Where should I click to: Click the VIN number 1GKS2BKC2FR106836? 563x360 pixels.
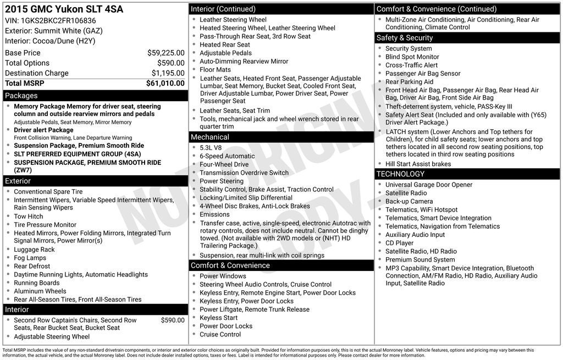coord(58,21)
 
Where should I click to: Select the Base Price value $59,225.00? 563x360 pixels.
coord(165,53)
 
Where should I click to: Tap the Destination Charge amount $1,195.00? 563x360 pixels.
coord(168,73)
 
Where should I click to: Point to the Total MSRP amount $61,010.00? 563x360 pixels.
coord(165,84)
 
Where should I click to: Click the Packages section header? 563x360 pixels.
coord(21,96)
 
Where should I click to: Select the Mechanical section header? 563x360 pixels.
coord(210,137)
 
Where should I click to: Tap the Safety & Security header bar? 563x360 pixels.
coord(405,38)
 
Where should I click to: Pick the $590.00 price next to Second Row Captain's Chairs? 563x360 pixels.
coord(173,320)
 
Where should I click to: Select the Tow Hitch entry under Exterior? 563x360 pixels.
coord(29,217)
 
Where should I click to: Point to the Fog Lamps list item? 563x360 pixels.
coord(30,258)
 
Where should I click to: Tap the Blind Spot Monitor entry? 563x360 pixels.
coord(412,57)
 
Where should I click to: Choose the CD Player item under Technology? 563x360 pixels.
coord(400,243)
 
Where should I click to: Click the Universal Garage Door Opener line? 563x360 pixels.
coord(429,185)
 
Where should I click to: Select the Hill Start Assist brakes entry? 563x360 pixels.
coord(418,164)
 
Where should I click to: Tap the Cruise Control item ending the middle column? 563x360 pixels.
coord(220,334)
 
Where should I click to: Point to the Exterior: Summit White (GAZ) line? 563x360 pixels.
coord(54,31)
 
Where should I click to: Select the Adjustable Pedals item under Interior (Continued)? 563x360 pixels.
coord(226,53)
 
